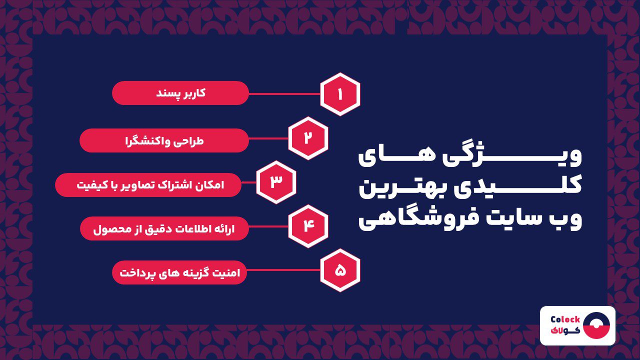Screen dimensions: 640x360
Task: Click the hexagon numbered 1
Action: tap(340, 94)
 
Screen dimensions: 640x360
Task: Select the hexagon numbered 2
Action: tap(308, 138)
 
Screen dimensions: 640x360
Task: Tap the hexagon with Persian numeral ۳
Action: tap(276, 182)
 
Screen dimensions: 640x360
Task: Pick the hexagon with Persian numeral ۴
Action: tap(308, 226)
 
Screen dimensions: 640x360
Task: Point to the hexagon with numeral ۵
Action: tap(340, 270)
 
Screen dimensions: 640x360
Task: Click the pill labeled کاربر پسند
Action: tap(180, 93)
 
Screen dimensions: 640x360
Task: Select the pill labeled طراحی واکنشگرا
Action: tap(164, 140)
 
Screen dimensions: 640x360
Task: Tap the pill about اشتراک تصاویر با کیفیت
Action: tap(148, 185)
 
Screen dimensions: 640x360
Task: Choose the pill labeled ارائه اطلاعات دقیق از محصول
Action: tap(164, 228)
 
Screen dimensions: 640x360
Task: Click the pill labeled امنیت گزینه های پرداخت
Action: tap(179, 272)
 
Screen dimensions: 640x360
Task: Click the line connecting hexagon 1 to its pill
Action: tap(284, 93)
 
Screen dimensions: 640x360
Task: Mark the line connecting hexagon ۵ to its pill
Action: tap(283, 270)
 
